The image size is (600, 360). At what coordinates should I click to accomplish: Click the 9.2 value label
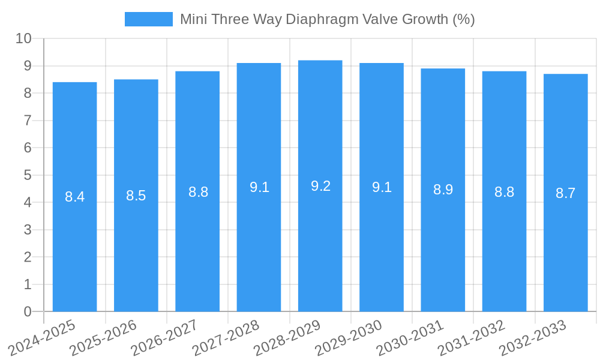(320, 186)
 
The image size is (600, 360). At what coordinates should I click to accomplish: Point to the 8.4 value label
(75, 197)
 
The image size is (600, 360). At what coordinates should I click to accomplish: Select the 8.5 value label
(136, 196)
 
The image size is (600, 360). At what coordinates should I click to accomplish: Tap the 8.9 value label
(443, 190)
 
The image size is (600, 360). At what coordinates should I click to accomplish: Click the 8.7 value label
(565, 193)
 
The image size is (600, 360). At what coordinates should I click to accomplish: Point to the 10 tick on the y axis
(23, 38)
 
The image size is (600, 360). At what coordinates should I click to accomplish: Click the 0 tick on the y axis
(28, 311)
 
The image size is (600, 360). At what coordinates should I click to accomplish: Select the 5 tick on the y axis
(28, 175)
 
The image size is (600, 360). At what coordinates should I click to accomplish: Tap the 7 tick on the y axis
(28, 121)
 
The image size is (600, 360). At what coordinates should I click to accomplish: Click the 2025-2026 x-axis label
(104, 338)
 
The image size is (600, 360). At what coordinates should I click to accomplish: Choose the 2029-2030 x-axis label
(349, 338)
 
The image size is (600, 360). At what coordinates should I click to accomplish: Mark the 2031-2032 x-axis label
(472, 338)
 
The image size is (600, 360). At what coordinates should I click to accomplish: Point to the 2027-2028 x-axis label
(226, 338)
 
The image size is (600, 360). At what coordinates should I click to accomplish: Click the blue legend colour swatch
(148, 19)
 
